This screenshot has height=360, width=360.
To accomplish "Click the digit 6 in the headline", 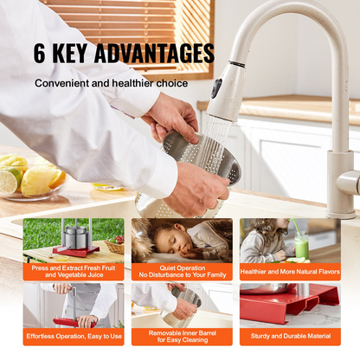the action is click(40, 53).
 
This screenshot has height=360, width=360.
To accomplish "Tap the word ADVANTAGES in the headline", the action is click(154, 53).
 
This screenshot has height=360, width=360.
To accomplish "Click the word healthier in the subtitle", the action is click(132, 83).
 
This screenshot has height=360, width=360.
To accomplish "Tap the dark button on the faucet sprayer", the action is click(216, 88).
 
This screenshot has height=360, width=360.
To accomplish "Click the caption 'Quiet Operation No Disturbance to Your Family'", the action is click(183, 272).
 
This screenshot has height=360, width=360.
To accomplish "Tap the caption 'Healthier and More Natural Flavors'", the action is click(290, 272).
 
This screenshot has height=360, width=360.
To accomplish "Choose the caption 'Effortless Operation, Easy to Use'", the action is click(74, 337).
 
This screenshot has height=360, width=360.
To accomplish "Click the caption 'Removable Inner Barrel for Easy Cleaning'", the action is click(183, 337).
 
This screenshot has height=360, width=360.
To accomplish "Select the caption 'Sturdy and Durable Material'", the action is click(291, 336).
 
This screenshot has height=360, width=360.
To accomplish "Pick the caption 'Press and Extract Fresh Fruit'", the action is click(74, 268).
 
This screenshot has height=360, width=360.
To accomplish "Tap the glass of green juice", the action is click(302, 246).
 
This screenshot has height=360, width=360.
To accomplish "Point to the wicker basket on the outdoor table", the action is click(114, 246).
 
